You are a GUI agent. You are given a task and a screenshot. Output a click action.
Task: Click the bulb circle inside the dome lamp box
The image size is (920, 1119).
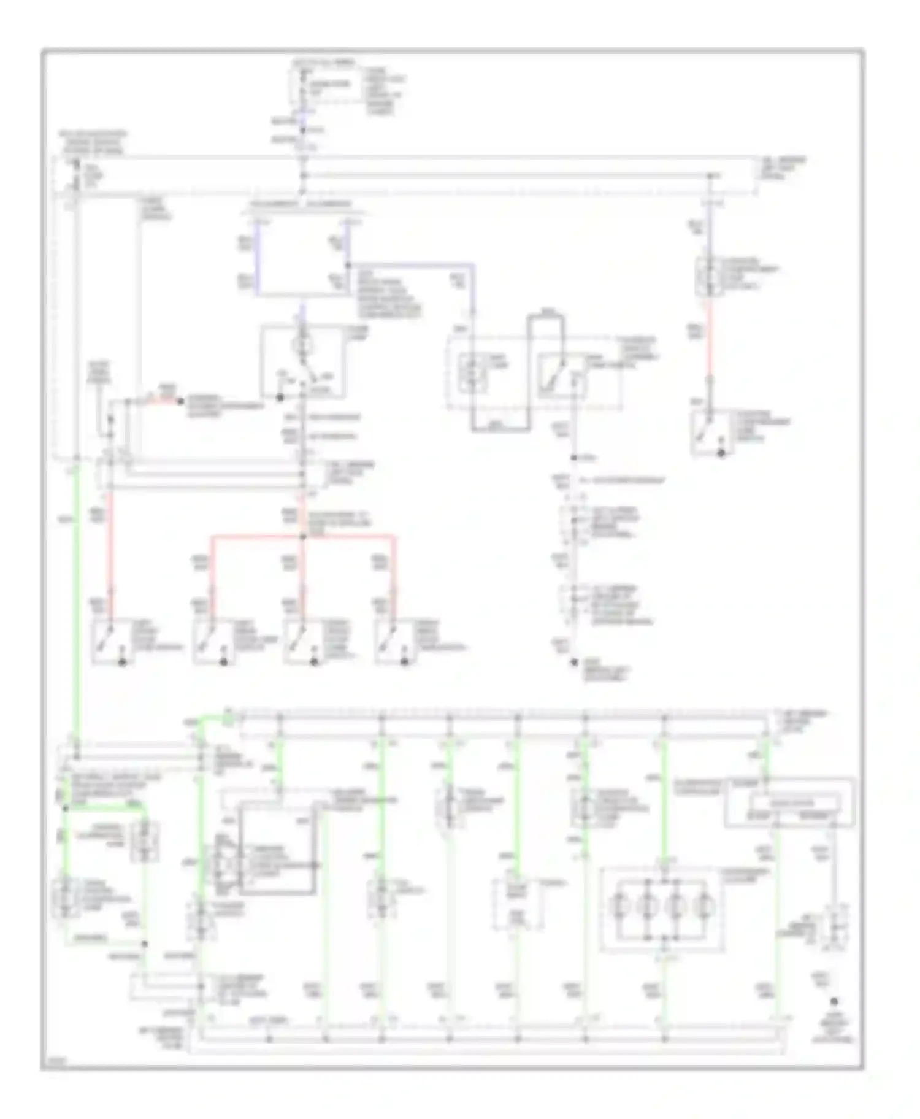click(x=301, y=345)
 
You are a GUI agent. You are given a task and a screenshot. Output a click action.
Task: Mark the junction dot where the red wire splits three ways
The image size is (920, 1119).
click(x=302, y=537)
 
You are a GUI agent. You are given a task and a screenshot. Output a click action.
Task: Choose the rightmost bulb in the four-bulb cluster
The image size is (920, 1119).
click(x=704, y=906)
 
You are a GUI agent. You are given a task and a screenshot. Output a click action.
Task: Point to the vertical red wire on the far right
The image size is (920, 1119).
click(x=710, y=344)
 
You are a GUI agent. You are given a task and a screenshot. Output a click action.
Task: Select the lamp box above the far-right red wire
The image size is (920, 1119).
click(x=710, y=277)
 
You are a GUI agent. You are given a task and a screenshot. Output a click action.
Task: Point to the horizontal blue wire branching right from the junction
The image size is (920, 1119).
click(x=411, y=265)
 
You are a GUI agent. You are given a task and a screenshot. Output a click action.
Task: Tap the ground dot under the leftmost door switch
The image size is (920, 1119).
click(x=122, y=663)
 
